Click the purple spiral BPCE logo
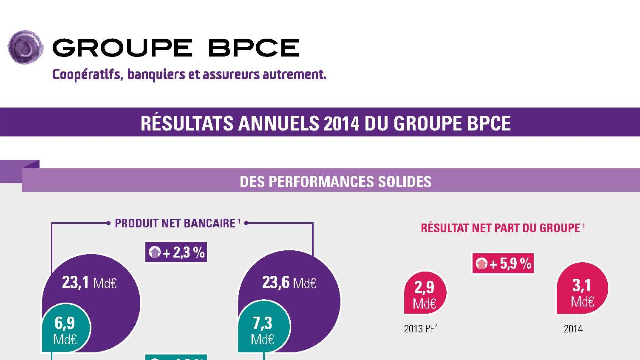pos(25,47)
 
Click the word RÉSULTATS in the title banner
pos(187,123)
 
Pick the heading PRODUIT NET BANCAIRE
pos(175,223)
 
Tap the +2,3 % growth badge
pos(176,252)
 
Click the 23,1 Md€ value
pos(89,283)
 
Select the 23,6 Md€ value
pos(289,283)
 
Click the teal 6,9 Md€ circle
pos(65,329)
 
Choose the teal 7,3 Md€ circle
pos(263,329)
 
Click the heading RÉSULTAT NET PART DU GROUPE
pos(501,228)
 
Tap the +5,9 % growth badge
pos(503,264)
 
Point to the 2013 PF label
pos(420,329)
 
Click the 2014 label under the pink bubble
pos(573,329)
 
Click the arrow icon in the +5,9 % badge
pos(482,264)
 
